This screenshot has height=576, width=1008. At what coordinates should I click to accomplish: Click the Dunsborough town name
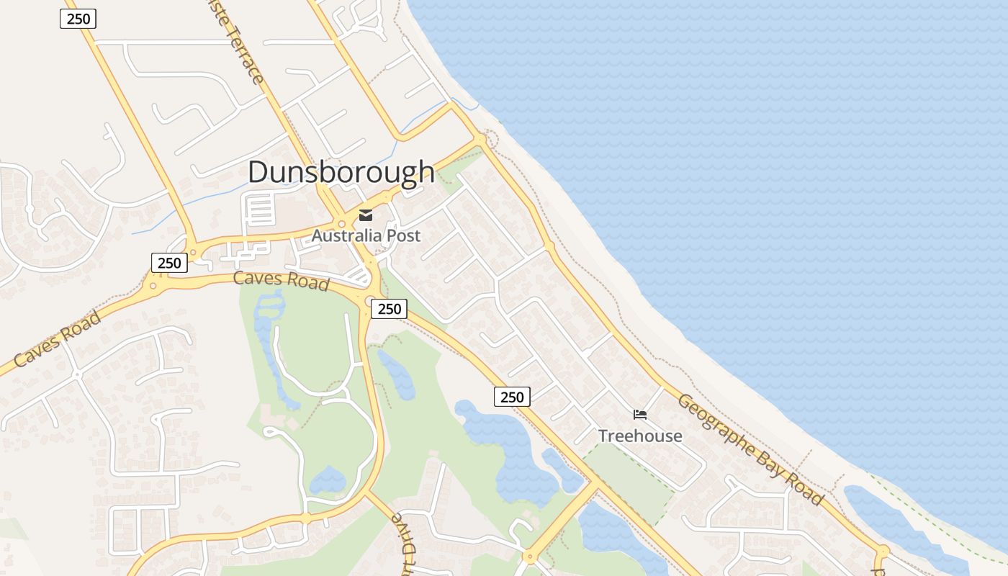coord(341,172)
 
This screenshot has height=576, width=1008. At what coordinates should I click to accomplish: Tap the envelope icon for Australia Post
coord(366,215)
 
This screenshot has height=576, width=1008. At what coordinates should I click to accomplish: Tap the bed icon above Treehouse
coord(640,414)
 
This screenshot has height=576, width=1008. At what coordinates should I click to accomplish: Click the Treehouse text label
coord(640,436)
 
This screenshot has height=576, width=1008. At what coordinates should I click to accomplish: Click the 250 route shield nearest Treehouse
coord(512,397)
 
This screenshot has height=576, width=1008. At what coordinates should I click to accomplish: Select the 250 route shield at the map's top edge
coord(78,19)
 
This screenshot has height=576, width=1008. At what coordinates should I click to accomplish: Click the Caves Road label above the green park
coord(281,280)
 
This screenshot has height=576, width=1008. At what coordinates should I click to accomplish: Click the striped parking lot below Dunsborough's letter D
coord(260,210)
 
